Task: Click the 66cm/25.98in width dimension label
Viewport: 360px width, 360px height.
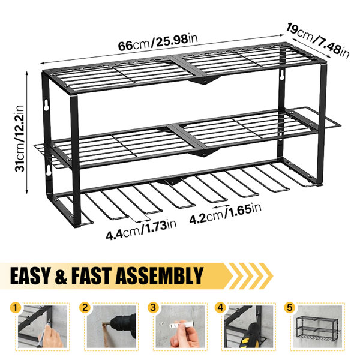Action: point(158,42)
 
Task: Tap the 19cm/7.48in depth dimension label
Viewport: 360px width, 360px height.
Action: point(317,41)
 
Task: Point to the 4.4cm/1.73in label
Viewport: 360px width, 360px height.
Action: point(141,230)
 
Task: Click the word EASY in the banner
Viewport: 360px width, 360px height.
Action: point(29,275)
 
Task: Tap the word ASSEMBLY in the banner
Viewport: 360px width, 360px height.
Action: point(160,275)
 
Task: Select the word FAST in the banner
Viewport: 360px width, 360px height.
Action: point(92,275)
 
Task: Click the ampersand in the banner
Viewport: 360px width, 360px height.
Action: point(61,276)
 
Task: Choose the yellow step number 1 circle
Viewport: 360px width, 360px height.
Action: point(16,308)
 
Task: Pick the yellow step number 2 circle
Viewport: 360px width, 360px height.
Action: point(85,308)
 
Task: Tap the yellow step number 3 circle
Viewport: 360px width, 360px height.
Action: point(153,308)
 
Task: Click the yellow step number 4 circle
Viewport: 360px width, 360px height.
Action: point(220,308)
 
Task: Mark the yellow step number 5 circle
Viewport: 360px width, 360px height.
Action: point(290,308)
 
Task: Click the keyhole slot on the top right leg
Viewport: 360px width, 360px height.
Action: point(281,76)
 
